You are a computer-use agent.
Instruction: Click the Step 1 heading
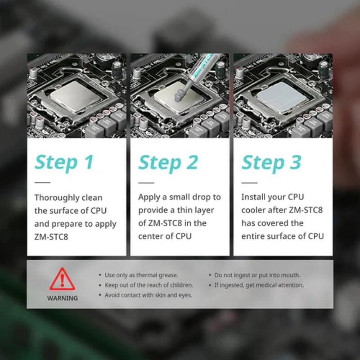pos(64,163)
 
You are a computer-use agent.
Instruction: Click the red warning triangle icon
pos(62,279)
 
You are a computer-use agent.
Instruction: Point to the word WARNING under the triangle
pos(63,298)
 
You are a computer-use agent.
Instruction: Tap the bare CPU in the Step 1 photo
pos(76,96)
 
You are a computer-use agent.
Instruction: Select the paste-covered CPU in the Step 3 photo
pos(282,97)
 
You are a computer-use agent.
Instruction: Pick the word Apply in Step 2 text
pos(149,198)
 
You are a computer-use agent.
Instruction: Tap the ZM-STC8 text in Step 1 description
pos(51,237)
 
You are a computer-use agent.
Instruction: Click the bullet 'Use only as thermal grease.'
pos(141,275)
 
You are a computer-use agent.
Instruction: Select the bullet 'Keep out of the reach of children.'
pos(149,285)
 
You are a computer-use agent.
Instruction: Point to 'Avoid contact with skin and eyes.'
pos(148,295)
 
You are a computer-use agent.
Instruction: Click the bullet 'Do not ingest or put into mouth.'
pos(257,275)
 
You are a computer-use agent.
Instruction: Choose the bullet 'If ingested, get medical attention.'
pos(259,285)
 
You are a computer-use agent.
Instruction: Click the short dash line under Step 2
pos(146,183)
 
